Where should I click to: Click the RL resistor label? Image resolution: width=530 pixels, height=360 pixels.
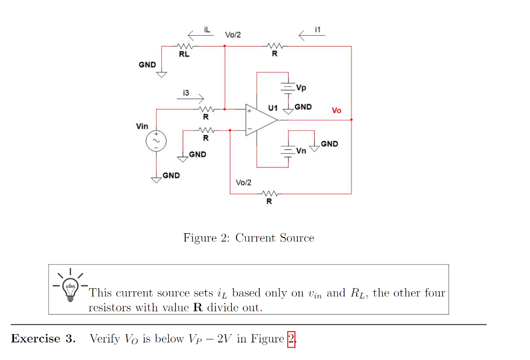click(184, 55)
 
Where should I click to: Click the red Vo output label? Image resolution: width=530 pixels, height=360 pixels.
click(336, 111)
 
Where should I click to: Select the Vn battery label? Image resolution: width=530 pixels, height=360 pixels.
click(301, 151)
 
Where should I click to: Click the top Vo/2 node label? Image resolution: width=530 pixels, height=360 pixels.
click(233, 35)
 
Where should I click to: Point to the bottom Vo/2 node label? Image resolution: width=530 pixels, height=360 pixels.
click(243, 183)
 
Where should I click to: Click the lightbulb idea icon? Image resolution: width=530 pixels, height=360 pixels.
click(69, 287)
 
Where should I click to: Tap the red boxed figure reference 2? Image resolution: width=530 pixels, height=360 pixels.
click(291, 339)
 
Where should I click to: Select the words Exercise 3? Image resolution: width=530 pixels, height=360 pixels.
click(43, 339)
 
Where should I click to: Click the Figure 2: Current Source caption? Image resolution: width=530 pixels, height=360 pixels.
click(248, 238)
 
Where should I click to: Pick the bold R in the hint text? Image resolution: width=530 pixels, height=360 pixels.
click(197, 307)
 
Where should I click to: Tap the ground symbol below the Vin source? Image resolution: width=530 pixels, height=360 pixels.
click(156, 179)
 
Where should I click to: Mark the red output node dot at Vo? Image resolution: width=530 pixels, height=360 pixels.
click(351, 120)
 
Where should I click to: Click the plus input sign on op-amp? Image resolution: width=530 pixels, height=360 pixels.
click(249, 111)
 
